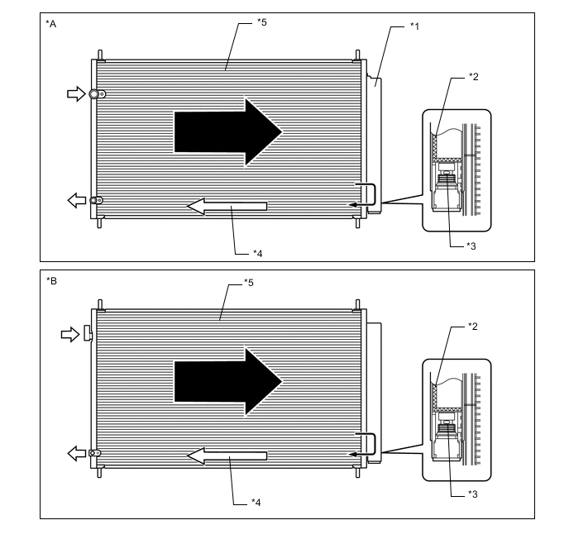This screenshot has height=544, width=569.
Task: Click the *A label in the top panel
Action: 50,24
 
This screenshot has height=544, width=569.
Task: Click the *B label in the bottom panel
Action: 51,281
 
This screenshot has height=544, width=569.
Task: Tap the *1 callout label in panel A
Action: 414,26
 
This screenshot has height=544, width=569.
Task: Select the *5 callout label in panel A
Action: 261,22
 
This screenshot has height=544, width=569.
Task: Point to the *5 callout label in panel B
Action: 249,282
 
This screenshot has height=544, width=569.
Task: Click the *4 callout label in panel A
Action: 258,253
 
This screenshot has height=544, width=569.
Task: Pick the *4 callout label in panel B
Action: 256,503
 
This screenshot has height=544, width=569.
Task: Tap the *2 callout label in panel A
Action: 474,77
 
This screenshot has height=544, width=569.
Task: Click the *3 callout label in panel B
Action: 473,494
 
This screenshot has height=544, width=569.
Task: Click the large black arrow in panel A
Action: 228,132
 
